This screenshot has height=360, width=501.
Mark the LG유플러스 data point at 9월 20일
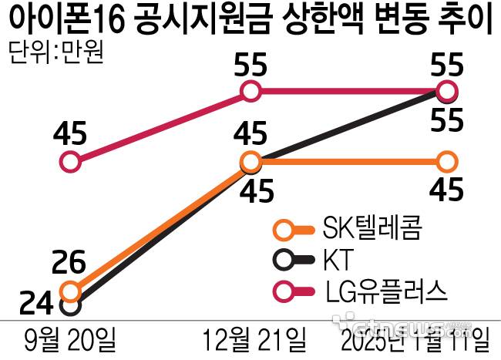click(x=70, y=162)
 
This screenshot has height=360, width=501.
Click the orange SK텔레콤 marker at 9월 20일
click(x=70, y=291)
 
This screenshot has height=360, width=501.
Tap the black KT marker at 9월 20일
click(x=69, y=305)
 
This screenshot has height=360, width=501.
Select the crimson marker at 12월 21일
click(x=250, y=93)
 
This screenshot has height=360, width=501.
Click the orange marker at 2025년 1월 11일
click(x=446, y=162)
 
